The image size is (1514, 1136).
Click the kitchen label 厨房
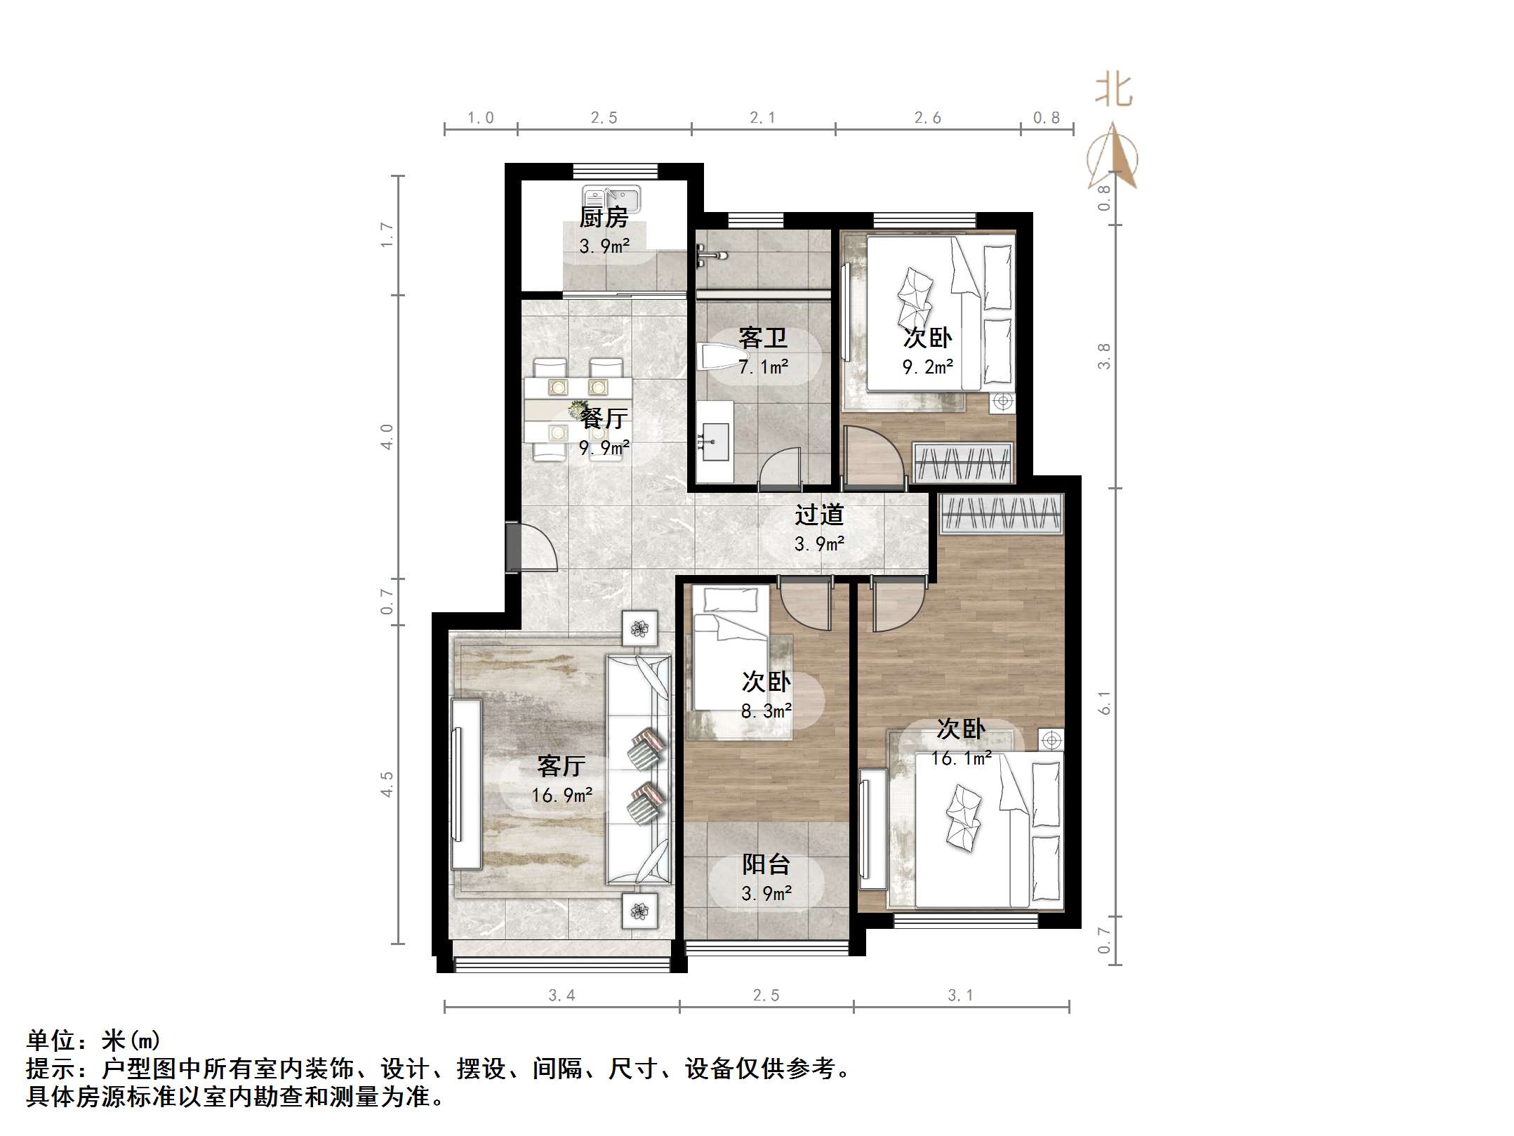[604, 218]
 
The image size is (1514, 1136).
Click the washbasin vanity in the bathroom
[715, 442]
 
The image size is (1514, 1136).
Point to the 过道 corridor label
[819, 515]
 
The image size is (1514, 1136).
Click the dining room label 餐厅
[604, 418]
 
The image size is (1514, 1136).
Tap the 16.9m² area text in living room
[562, 795]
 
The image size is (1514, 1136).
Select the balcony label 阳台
[766, 864]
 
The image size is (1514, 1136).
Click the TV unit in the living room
[465, 784]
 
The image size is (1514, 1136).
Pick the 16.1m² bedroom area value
[961, 759]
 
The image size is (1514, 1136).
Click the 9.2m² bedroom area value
[927, 367]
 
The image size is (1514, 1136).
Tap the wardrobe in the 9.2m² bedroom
[963, 462]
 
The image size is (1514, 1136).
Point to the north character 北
[1113, 91]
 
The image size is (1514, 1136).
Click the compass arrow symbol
[1113, 158]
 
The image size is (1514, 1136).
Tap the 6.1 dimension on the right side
[1105, 703]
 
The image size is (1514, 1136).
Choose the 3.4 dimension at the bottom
[562, 996]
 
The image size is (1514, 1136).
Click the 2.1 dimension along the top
[762, 118]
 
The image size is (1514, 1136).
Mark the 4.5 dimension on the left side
[387, 784]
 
